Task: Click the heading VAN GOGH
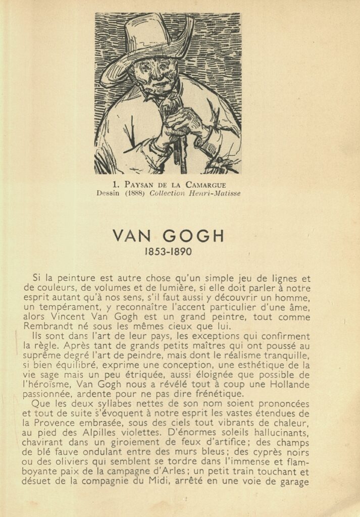pos(168,236)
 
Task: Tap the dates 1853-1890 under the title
pos(168,251)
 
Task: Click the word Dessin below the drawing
pos(108,193)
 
